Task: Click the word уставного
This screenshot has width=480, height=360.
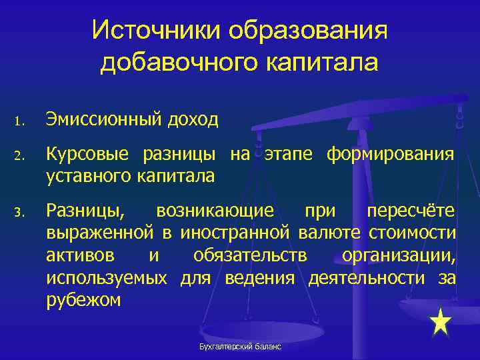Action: coord(88,176)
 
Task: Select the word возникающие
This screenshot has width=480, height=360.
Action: coord(215,212)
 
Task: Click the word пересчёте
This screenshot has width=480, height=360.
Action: coord(411,212)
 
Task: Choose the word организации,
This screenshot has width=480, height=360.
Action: coord(399,256)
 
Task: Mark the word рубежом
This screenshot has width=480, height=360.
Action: coord(83,300)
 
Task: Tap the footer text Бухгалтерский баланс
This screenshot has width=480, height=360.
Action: coord(241,347)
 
